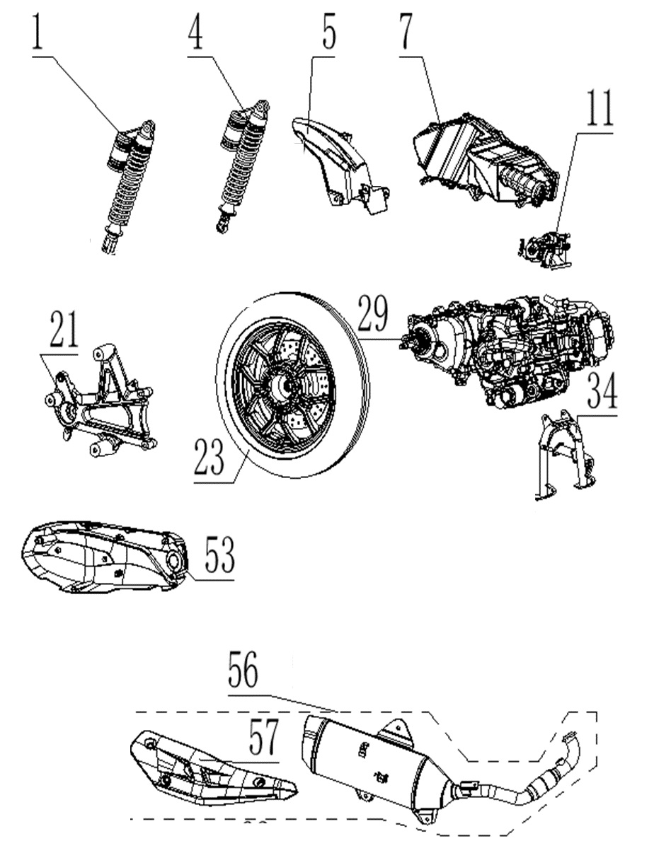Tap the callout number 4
[x=195, y=32]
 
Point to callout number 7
[x=408, y=33]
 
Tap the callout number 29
[x=373, y=316]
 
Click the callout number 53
[x=219, y=555]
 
